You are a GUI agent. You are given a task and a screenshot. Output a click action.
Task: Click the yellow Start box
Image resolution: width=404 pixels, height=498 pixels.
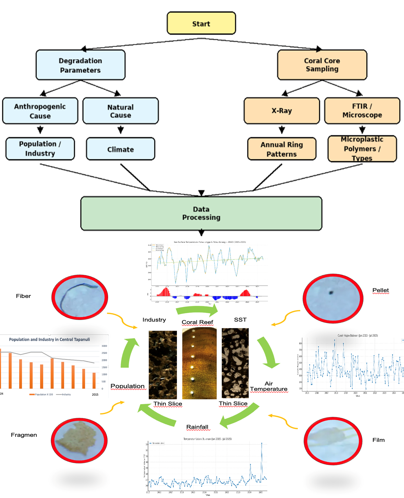point(201,23)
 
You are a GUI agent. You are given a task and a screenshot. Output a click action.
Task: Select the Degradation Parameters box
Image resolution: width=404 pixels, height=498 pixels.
point(81,65)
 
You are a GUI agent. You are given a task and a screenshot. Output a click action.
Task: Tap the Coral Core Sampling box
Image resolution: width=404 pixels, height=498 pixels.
point(322,65)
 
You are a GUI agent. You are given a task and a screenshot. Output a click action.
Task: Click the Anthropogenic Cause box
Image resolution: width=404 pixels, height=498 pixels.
point(40,111)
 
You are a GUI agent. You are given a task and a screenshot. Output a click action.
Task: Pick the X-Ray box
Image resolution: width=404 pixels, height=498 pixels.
point(282,111)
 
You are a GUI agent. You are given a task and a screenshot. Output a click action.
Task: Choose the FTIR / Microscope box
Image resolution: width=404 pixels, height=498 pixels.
point(362,111)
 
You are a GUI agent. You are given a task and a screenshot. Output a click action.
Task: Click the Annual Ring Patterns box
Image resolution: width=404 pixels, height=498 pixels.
point(282,149)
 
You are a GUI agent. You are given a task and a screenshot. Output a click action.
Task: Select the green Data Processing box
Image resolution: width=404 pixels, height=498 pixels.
point(201,213)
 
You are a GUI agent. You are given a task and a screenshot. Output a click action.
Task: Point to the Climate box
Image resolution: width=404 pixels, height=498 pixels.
point(120,149)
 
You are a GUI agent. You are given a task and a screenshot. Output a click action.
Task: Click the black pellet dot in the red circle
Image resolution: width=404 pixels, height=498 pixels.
point(331,293)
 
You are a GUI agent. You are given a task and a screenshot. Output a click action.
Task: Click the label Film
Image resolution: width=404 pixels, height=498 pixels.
point(378,440)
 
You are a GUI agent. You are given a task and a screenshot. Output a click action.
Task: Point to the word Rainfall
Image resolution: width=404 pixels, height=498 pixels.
point(197,427)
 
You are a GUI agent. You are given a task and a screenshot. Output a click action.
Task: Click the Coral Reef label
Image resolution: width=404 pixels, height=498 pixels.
point(197,322)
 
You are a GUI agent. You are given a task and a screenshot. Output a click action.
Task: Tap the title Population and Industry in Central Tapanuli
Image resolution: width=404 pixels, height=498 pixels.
point(49,340)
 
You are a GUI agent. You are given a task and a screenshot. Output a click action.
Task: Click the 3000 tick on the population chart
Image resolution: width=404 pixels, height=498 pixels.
point(104,346)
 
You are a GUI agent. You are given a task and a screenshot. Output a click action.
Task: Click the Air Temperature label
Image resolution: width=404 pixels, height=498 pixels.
point(269,386)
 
